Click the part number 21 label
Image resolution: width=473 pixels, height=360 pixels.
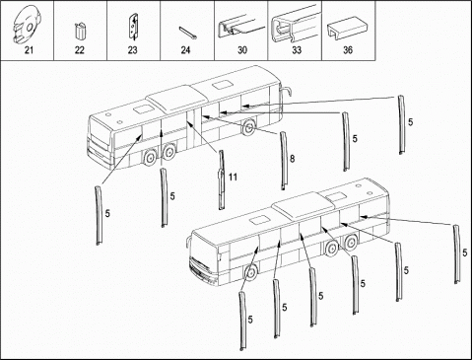point(29,50)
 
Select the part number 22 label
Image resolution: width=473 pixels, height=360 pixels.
point(80,50)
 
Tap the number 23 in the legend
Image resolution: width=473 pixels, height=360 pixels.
point(132,50)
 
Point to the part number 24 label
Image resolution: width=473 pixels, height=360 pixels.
point(185,50)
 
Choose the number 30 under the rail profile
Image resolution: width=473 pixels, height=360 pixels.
point(242,50)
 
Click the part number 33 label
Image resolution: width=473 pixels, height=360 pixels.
point(297,50)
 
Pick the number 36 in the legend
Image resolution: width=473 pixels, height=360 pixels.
point(348,50)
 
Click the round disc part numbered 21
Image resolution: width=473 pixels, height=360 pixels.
point(27,25)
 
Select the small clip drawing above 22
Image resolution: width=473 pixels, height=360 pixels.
point(80,32)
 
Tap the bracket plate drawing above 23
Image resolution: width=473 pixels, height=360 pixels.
point(133,26)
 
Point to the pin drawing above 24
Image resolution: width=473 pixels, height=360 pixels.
point(188,34)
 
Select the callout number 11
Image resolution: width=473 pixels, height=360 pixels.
point(233,178)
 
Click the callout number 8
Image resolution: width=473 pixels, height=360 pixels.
point(293,159)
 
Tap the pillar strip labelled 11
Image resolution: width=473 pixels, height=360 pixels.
point(222,180)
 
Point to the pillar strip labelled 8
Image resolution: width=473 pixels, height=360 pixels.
point(283,161)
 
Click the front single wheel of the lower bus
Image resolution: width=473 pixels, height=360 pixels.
point(250,273)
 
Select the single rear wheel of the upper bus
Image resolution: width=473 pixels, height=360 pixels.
point(248,126)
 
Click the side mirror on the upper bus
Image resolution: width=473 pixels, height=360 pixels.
point(287,90)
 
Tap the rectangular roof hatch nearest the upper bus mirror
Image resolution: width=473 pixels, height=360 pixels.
point(222,86)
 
